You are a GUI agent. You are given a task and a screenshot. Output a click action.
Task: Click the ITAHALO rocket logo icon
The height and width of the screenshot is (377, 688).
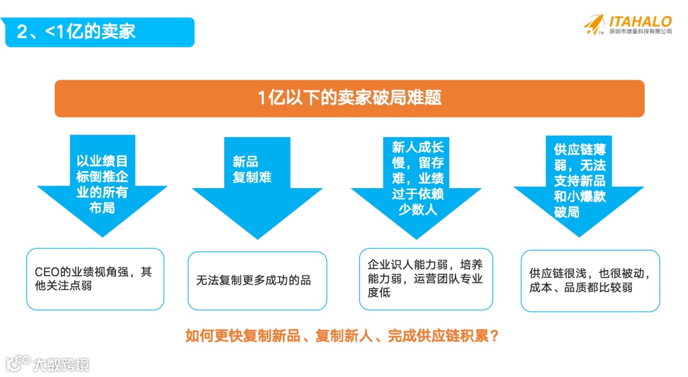coord(594,25)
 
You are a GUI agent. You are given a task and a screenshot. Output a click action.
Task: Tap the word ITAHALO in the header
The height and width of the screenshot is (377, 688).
coord(640,21)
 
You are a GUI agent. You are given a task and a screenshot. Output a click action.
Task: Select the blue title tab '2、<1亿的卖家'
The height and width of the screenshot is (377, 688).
coord(99,32)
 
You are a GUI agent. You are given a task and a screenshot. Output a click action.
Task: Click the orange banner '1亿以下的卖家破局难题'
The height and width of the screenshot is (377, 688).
coord(349,98)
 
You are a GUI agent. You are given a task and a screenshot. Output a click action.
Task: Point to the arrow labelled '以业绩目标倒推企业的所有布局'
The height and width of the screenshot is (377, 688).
coord(102,185)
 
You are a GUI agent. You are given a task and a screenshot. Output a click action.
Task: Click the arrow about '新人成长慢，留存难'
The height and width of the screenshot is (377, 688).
coord(417,185)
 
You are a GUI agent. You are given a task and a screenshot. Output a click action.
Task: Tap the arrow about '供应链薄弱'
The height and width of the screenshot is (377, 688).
coord(579,185)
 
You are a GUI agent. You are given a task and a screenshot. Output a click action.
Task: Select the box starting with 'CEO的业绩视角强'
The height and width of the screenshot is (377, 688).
coord(95,279)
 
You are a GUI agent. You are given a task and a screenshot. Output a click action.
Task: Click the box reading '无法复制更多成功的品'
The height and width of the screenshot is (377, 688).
coord(257,280)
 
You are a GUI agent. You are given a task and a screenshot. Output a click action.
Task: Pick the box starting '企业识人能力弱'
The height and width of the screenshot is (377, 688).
coord(426,279)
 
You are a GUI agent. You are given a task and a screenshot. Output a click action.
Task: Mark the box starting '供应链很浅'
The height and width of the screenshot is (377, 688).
coord(590,281)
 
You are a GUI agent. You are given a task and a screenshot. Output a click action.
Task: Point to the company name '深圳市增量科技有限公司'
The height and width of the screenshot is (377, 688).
coord(640,31)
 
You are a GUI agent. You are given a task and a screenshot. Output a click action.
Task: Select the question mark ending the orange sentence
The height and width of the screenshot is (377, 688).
coord(494,336)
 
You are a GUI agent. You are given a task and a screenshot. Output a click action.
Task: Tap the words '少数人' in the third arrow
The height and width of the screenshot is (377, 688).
coord(417,209)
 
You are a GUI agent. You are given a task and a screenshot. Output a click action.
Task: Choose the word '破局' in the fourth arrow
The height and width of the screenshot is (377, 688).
coord(566,212)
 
